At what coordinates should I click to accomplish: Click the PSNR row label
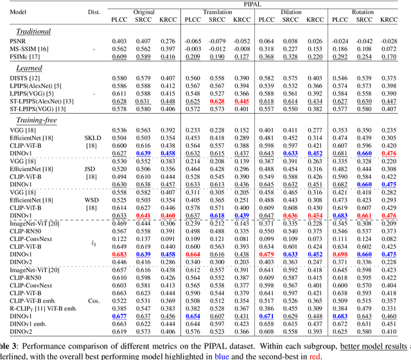[17, 41]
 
